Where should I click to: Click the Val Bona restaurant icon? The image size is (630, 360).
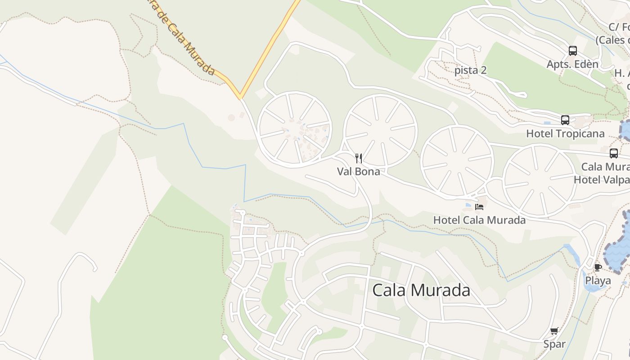[x=359, y=158]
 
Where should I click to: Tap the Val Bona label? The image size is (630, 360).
[x=359, y=171]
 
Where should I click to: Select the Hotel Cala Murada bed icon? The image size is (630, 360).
[x=479, y=207]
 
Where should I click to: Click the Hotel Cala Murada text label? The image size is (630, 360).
[x=479, y=220]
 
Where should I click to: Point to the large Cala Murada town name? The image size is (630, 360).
[x=421, y=290]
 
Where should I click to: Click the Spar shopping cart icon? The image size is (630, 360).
[x=554, y=331]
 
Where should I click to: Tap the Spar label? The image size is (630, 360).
[x=554, y=344]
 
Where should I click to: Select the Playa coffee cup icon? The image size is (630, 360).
[x=598, y=268]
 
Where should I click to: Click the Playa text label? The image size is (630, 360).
[x=598, y=281]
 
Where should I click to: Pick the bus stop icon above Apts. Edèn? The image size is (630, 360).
[x=572, y=51]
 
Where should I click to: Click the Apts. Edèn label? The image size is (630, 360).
[x=572, y=64]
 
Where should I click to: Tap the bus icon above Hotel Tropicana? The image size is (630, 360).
[x=565, y=120]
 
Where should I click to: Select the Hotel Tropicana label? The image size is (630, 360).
[x=565, y=134]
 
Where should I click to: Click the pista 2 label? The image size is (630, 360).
[x=471, y=70]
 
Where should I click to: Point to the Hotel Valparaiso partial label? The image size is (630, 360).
[x=602, y=180]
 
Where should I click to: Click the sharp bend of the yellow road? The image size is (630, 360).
[x=240, y=96]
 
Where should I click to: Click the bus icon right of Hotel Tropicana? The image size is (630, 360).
[x=614, y=153]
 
